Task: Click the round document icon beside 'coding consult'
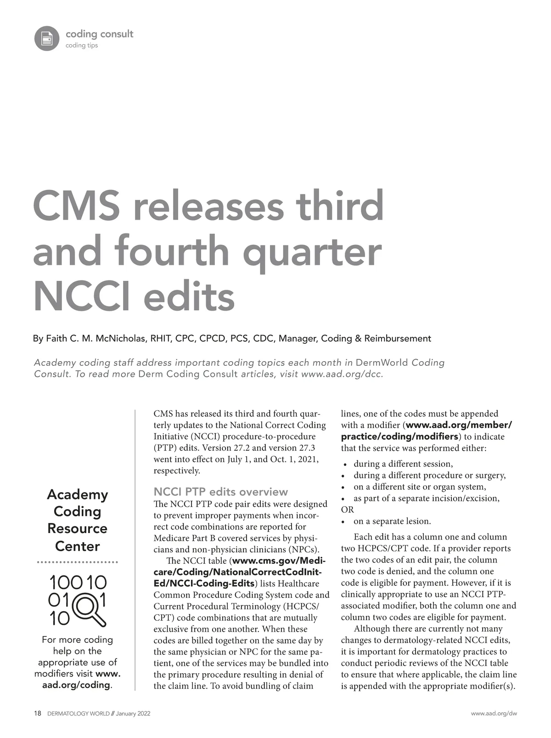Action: click(47, 38)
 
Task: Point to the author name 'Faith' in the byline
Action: click(56, 339)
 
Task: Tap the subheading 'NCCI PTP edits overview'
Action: click(220, 492)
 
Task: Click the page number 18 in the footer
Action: click(38, 714)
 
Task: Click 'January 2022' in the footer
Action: click(133, 714)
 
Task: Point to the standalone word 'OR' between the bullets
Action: click(348, 510)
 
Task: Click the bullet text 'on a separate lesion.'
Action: click(392, 521)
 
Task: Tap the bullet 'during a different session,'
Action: click(403, 464)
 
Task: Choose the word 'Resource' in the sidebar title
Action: click(77, 528)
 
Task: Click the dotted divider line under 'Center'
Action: click(77, 562)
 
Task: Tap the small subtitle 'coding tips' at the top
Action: click(82, 45)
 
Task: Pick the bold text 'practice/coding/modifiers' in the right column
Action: click(399, 437)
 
